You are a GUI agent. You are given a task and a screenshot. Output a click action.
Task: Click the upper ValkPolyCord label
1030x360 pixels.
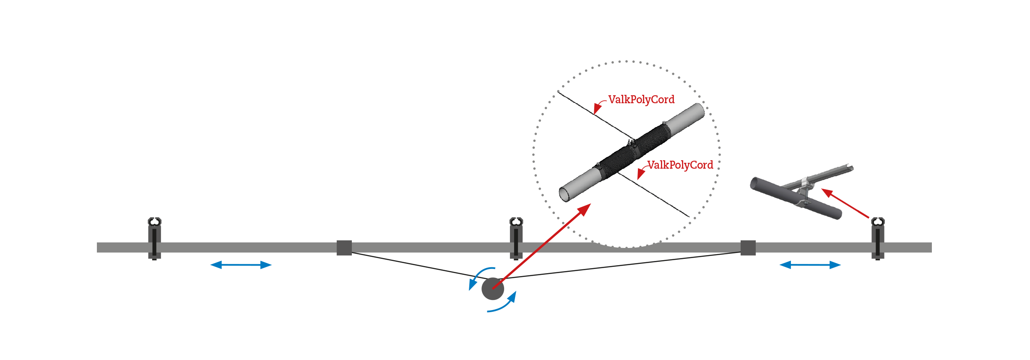coord(641,99)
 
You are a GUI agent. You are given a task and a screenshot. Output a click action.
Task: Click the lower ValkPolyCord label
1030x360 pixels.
coord(680,165)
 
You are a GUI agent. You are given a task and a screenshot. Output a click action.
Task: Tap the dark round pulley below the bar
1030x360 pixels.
coord(493,289)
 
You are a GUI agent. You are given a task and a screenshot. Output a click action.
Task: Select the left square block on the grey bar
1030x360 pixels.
coord(344,248)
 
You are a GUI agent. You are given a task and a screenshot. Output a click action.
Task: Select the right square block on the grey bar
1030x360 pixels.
coord(748,248)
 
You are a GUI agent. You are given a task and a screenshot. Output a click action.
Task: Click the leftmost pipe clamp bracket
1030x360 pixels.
coord(155,238)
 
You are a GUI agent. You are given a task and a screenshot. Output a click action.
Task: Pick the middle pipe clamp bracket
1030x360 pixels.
coord(516,238)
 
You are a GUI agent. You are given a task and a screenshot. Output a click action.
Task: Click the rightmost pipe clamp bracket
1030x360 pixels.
coord(878,238)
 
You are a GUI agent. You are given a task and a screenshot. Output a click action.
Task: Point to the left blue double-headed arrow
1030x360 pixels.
coord(241,265)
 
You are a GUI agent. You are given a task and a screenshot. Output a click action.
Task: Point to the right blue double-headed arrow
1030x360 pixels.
coord(810,265)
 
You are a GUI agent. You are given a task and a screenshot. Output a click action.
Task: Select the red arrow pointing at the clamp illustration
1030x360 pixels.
coord(845,203)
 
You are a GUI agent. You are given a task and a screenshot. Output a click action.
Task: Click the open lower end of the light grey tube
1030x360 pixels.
coord(564,195)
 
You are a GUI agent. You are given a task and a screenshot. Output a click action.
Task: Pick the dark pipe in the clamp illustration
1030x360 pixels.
coord(796,198)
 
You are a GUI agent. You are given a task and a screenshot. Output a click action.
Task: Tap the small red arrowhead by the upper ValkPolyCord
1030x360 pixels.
coord(597,109)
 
